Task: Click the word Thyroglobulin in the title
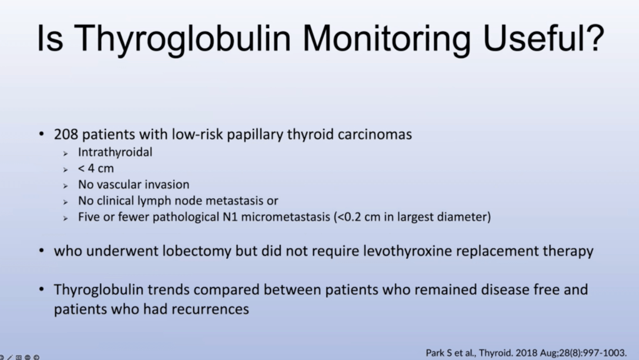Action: tap(182, 39)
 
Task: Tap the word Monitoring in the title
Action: tap(387, 39)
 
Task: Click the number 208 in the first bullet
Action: tap(66, 134)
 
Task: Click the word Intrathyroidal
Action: tap(116, 152)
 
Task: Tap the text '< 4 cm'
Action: tap(96, 168)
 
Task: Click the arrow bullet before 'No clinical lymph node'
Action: tap(66, 202)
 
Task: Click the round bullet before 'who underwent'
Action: tap(42, 251)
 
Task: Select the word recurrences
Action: tap(211, 309)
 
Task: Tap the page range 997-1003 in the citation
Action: tap(605, 352)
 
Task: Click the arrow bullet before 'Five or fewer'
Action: tap(66, 218)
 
